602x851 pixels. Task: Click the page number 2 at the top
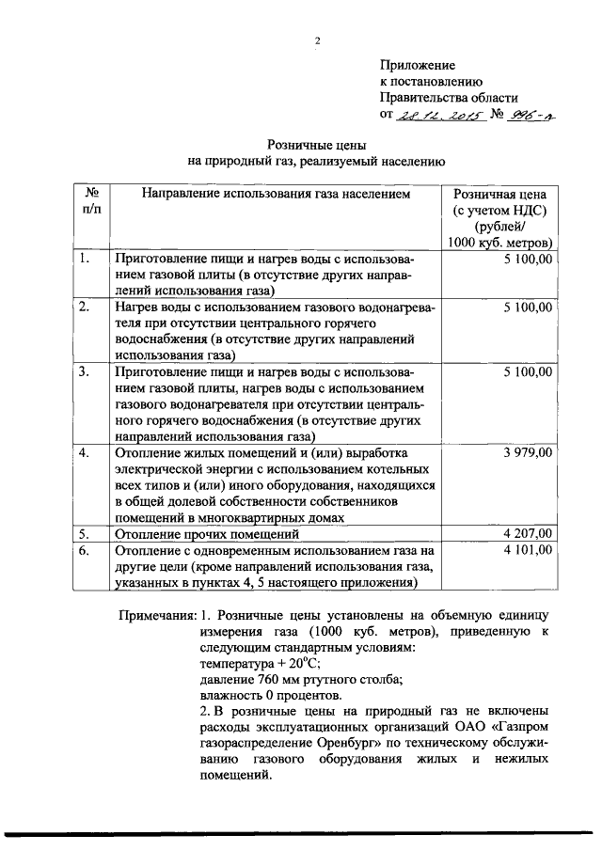click(x=317, y=39)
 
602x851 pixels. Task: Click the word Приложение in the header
click(x=417, y=65)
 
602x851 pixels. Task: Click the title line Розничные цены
click(x=316, y=145)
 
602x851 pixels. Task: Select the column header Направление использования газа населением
click(x=276, y=194)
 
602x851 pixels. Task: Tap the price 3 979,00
click(x=528, y=453)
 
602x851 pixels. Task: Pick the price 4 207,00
click(x=528, y=533)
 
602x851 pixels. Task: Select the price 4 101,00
click(x=528, y=550)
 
